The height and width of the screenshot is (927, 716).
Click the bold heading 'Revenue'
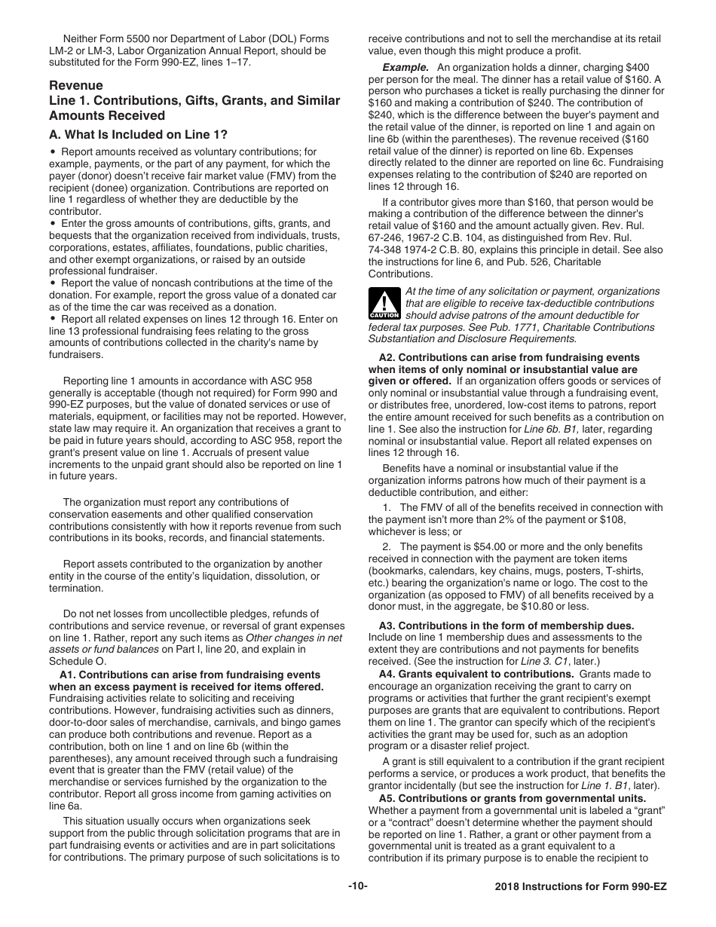(x=76, y=86)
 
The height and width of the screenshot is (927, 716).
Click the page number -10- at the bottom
(x=357, y=886)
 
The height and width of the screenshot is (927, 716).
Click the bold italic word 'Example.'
(x=407, y=67)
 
